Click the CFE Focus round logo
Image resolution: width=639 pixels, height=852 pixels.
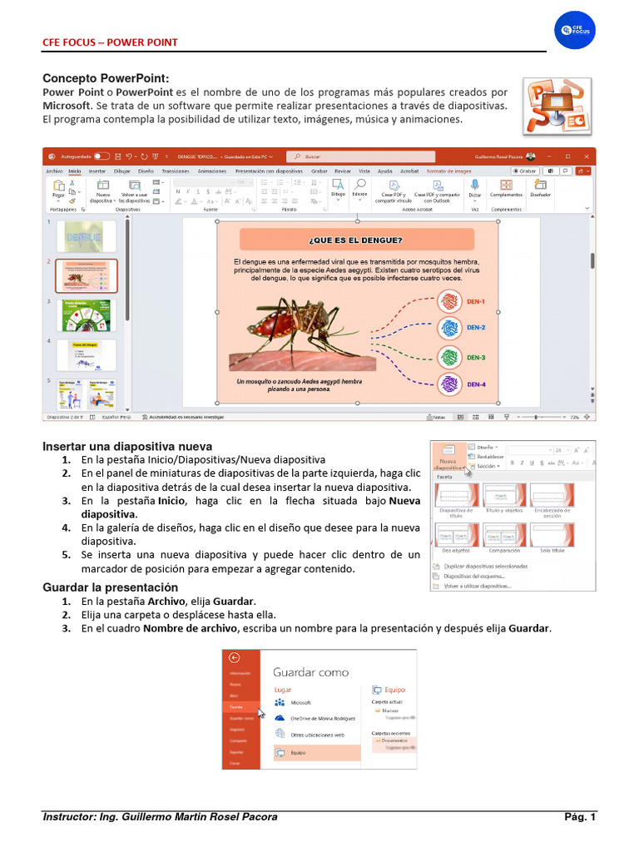tap(575, 30)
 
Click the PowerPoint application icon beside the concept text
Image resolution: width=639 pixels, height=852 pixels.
tap(557, 106)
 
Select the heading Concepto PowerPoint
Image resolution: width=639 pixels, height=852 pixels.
tap(106, 78)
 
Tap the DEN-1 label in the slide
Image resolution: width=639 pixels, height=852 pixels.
tap(476, 300)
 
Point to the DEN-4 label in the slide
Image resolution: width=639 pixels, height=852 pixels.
tap(476, 384)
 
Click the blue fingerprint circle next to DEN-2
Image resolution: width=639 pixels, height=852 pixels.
tap(449, 328)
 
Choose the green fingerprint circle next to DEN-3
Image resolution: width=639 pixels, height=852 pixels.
tap(449, 357)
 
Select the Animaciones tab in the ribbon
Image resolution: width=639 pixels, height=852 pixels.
tap(211, 171)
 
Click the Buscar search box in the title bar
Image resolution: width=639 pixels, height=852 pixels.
tap(362, 156)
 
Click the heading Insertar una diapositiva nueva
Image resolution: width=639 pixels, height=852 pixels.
tap(127, 446)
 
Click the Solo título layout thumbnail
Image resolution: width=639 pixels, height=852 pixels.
tap(552, 536)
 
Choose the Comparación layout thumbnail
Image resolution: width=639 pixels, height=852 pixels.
tap(505, 536)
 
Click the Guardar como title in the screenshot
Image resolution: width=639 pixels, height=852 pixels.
tap(310, 671)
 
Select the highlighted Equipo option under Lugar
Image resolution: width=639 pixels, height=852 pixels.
tap(316, 752)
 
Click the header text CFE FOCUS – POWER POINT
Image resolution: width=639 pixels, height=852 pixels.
tap(110, 42)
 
